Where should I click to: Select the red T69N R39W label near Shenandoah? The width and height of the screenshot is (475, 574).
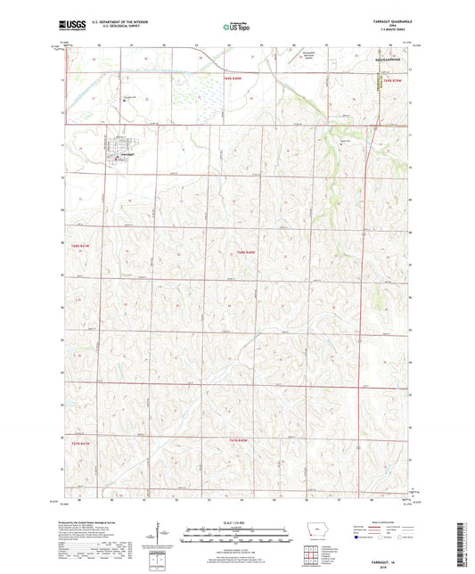[x=394, y=78]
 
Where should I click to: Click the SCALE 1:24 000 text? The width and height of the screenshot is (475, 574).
[x=236, y=522]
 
